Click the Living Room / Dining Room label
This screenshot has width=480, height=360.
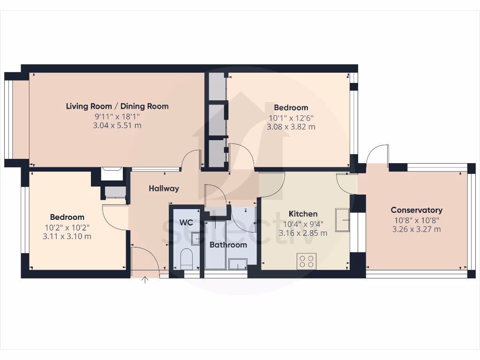click(117, 106)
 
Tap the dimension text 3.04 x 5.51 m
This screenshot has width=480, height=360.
click(117, 126)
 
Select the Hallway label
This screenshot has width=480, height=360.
click(164, 188)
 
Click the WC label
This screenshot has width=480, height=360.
click(186, 222)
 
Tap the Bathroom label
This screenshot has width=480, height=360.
click(228, 245)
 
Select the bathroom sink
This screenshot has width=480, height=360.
click(238, 265)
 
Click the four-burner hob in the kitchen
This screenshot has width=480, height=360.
click(307, 261)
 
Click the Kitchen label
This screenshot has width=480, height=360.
click(303, 214)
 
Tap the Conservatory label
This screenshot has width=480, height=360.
click(416, 210)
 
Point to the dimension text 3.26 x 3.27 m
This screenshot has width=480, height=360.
click(416, 229)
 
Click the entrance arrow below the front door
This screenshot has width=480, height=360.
click(145, 280)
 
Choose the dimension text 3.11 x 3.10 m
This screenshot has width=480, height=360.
click(67, 236)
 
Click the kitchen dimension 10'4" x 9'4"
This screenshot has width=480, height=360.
click(303, 224)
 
